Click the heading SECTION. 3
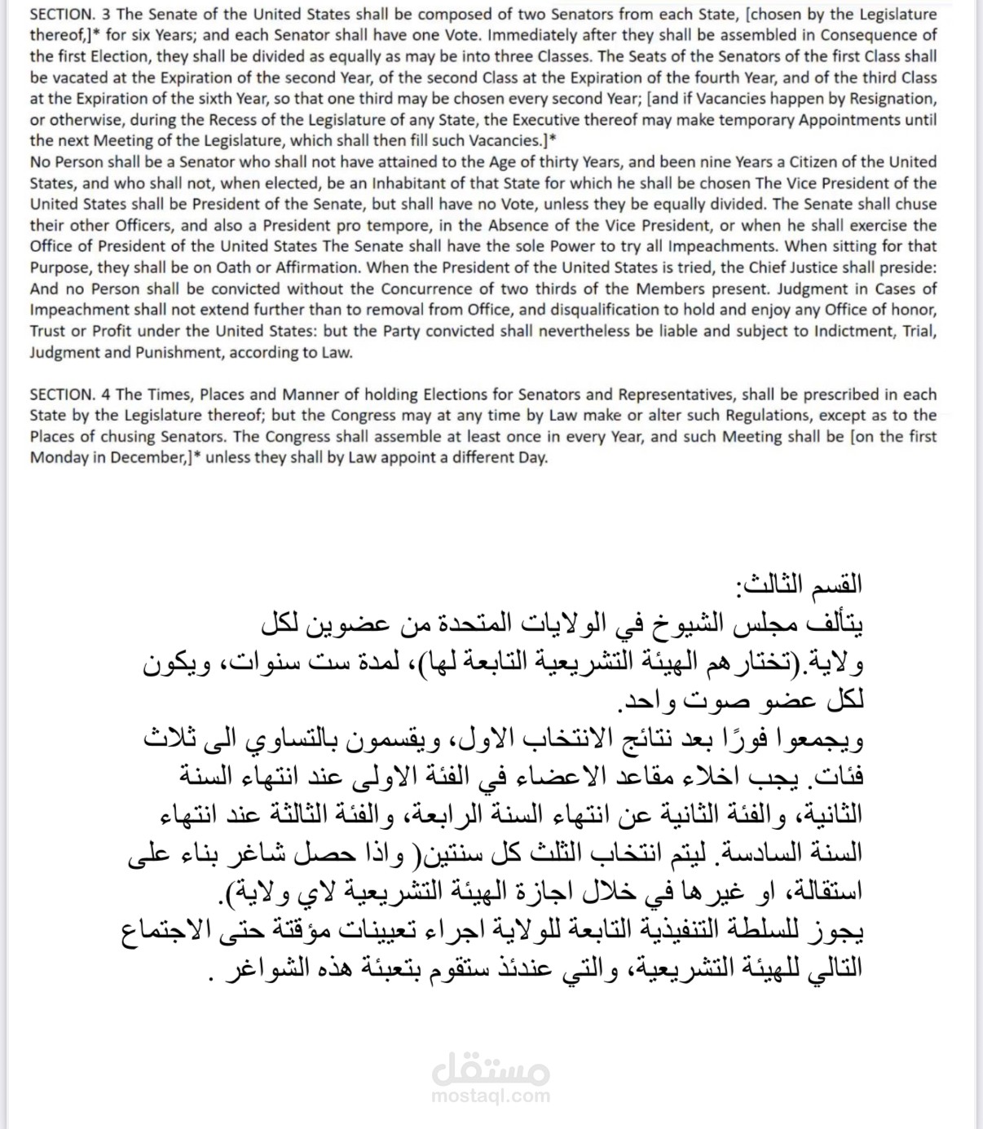point(70,14)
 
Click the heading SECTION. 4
point(70,395)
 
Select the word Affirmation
point(306,267)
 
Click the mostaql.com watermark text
point(491,1095)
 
